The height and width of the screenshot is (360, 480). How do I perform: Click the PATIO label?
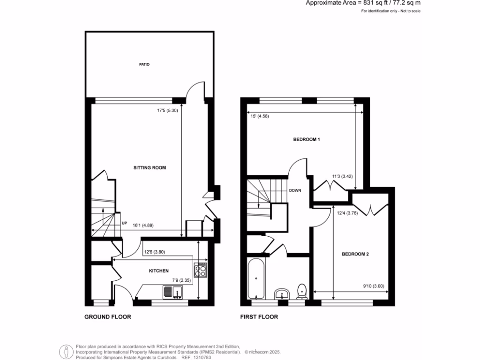tap(144, 64)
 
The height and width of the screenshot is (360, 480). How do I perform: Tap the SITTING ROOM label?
tap(150, 167)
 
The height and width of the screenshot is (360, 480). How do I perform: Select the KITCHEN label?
tap(158, 271)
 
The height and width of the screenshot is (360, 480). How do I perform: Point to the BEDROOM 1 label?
tap(307, 140)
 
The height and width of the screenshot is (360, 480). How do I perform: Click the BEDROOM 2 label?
tap(355, 255)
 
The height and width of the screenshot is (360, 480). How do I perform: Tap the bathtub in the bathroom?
tap(256, 278)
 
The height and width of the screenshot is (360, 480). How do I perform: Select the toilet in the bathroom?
tap(302, 291)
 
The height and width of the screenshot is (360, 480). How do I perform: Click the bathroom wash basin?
tap(281, 294)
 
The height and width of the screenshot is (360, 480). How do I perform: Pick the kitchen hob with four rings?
tap(200, 270)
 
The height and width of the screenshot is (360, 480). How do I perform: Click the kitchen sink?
tap(172, 292)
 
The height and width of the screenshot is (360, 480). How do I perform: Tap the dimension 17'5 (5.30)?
tap(167, 111)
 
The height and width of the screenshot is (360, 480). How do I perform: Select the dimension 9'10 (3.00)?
tap(374, 286)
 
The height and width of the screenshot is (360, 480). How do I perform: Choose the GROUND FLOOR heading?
tap(107, 317)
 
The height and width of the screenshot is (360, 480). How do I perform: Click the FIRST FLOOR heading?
tap(259, 317)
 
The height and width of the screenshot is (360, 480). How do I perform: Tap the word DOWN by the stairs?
tap(295, 191)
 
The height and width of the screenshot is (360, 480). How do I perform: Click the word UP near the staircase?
tap(124, 223)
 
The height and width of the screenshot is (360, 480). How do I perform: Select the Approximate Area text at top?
tap(363, 3)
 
